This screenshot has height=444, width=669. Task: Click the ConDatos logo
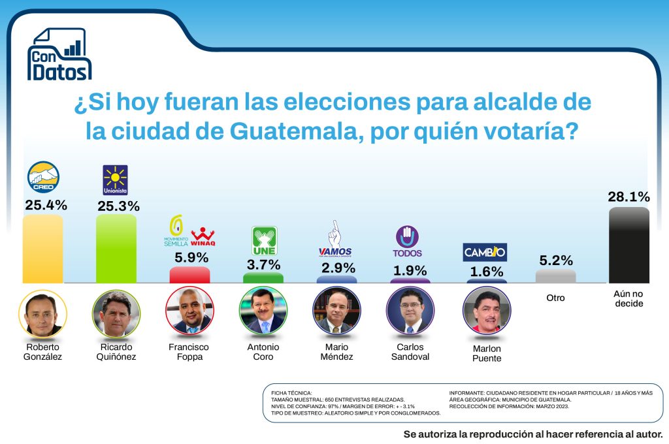tap(59, 55)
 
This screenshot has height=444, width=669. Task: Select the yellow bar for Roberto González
tap(42, 249)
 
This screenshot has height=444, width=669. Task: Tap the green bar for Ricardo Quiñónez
tap(116, 249)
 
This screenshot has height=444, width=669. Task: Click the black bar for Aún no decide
tap(628, 246)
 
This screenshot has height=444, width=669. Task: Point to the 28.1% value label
tap(628, 197)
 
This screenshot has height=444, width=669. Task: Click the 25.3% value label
tap(118, 206)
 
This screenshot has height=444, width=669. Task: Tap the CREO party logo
tap(43, 178)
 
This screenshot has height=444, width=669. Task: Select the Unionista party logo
tap(116, 180)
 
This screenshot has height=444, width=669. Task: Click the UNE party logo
tap(265, 241)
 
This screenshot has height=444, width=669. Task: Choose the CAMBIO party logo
tap(485, 252)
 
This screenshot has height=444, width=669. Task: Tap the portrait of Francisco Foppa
tap(189, 310)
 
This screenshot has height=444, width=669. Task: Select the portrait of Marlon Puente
tap(486, 310)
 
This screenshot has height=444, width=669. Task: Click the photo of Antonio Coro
tap(263, 310)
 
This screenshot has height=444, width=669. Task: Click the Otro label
tap(555, 298)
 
